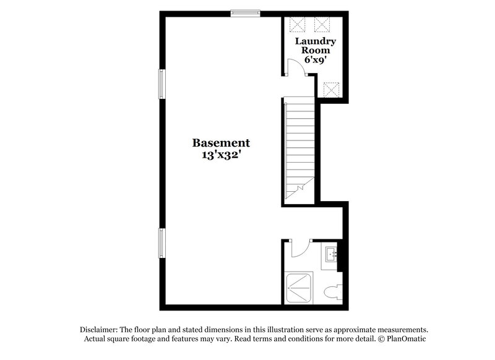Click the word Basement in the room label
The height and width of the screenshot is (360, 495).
click(221, 143)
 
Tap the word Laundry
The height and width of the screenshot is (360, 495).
click(318, 41)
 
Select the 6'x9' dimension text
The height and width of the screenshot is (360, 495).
click(317, 61)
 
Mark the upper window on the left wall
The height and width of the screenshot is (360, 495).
click(162, 84)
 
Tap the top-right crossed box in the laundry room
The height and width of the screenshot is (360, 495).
click(322, 25)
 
